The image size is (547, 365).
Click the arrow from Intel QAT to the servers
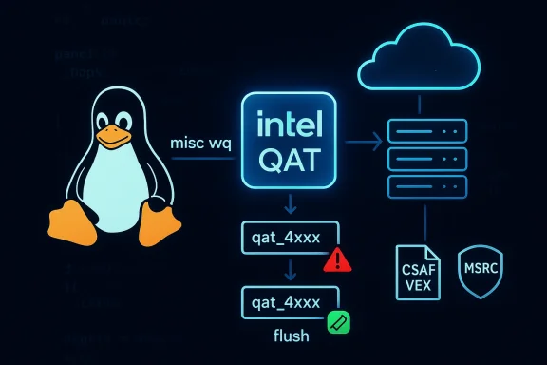tap(365, 143)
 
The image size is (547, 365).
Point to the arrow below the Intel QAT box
tap(292, 205)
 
